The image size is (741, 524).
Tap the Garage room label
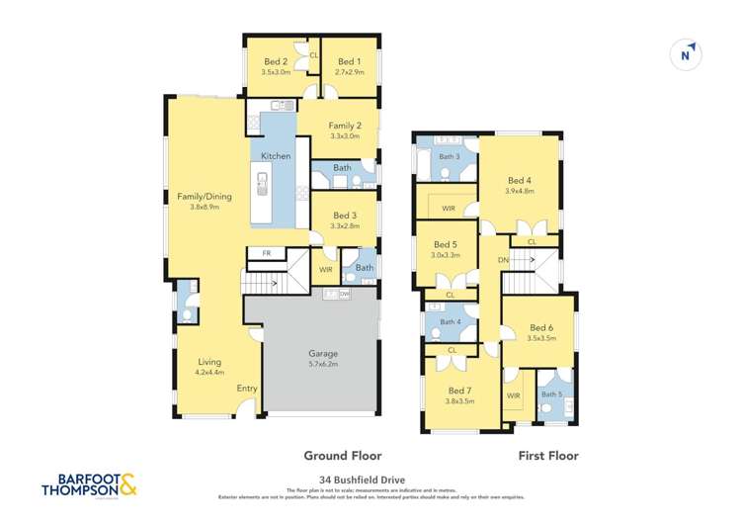tap(322, 353)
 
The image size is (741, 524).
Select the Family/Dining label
tap(204, 196)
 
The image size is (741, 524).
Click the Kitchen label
tap(276, 156)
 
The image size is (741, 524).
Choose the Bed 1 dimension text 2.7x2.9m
tap(350, 72)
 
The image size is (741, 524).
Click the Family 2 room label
tap(345, 126)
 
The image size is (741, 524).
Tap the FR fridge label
tap(266, 254)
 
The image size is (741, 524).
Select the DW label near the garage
tap(344, 294)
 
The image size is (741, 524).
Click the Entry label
tap(247, 389)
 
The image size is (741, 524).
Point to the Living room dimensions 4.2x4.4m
tap(209, 373)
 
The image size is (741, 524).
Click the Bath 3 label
tap(450, 156)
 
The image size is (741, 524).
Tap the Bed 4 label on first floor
tap(520, 180)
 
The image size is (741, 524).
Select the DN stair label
tap(503, 260)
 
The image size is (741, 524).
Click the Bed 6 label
tap(541, 327)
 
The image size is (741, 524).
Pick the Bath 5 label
tap(551, 394)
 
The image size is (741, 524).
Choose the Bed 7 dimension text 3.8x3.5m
tap(459, 401)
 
